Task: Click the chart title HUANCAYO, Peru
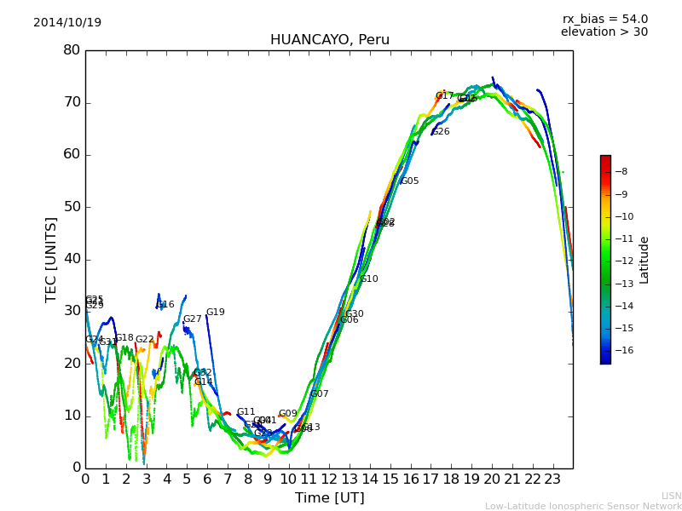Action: point(329,40)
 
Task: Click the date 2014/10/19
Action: point(67,23)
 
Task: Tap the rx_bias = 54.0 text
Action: point(604,20)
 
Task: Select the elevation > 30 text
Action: point(604,32)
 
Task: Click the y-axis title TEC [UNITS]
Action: point(51,259)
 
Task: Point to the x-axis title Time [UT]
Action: point(329,498)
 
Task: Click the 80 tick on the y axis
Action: point(72,50)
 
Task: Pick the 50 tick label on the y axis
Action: point(72,207)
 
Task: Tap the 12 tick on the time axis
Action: point(329,479)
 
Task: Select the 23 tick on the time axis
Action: point(552,479)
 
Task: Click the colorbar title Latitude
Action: point(644,260)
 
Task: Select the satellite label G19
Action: point(216,313)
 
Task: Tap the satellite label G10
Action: point(369,279)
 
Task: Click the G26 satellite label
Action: point(441,132)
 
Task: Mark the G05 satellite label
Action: point(410,181)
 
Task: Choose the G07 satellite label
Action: point(320,394)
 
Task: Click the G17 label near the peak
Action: point(445,96)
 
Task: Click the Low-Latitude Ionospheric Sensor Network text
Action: point(583,506)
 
